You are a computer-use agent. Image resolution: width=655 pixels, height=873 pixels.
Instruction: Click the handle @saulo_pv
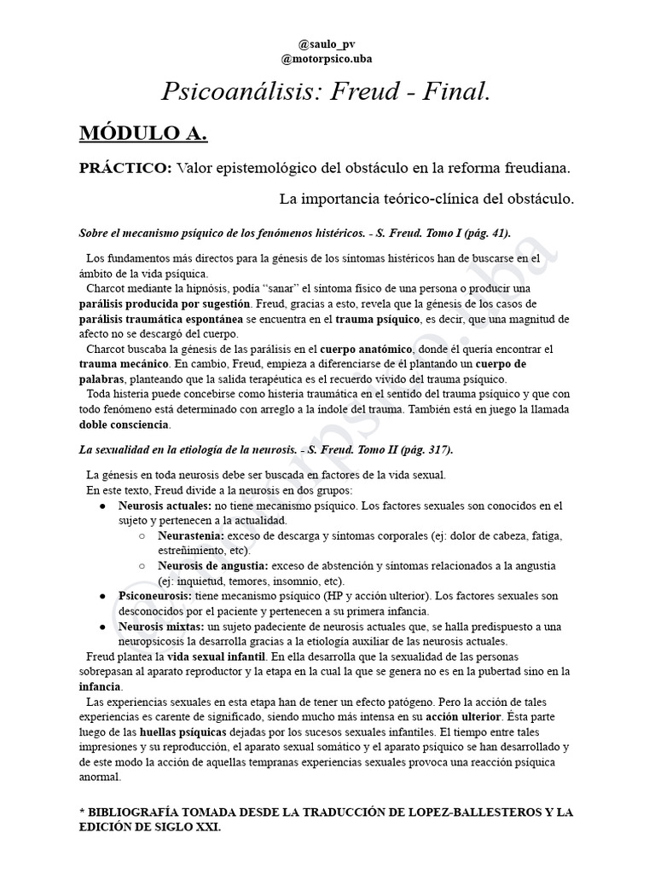pos(327,43)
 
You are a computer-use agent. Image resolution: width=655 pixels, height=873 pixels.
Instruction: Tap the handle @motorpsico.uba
pos(327,59)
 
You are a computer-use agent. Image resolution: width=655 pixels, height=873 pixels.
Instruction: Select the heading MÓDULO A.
pos(143,134)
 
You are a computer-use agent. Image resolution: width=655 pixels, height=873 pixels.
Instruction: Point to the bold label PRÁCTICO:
pos(125,169)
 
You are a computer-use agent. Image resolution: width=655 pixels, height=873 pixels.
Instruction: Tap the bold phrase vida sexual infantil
pos(217,656)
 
